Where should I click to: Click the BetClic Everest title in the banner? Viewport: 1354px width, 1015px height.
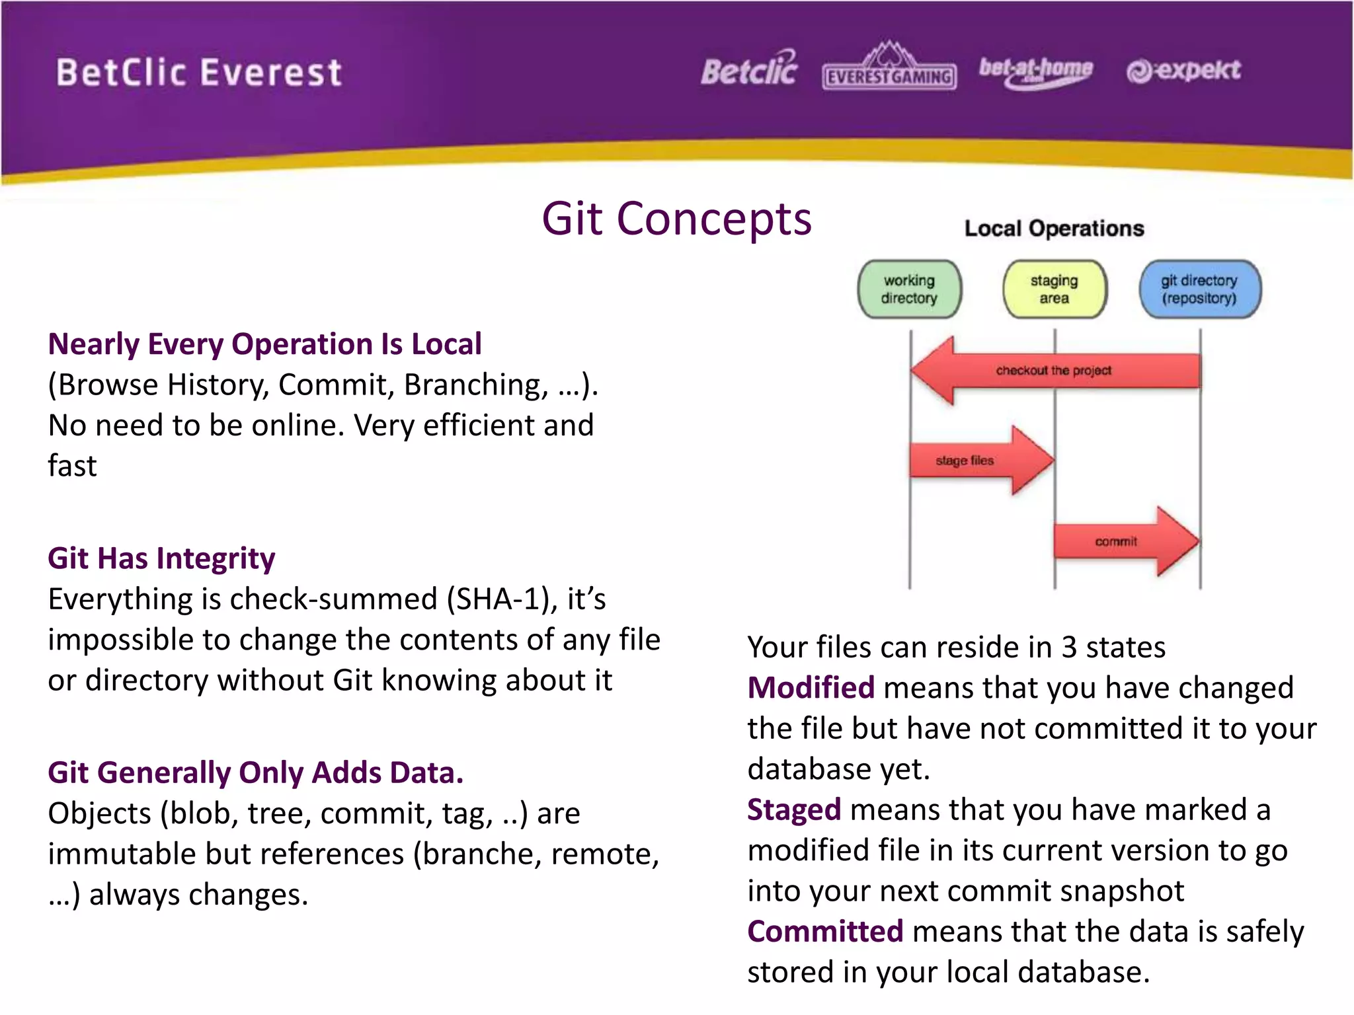click(198, 73)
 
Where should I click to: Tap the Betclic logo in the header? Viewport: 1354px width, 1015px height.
click(749, 69)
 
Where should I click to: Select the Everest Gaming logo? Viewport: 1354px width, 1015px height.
click(889, 69)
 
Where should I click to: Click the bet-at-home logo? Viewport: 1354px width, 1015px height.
click(1035, 70)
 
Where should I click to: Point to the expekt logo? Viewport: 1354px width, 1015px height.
click(1183, 70)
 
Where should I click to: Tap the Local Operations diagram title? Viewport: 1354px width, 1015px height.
click(1054, 229)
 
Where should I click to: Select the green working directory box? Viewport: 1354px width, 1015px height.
click(909, 289)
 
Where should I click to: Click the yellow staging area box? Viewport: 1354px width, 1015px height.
click(1054, 289)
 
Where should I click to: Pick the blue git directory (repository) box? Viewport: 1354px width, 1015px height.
click(1199, 289)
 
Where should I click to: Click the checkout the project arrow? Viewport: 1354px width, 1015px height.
click(1054, 371)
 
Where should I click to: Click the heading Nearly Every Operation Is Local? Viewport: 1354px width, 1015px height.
click(264, 344)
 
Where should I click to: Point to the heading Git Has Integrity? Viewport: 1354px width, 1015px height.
click(161, 558)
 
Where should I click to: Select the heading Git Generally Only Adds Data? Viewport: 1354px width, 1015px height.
click(255, 772)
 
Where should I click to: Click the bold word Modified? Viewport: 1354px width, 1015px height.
click(811, 688)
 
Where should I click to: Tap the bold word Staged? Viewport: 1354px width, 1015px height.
click(793, 810)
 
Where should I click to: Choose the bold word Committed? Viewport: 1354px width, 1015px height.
click(824, 932)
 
